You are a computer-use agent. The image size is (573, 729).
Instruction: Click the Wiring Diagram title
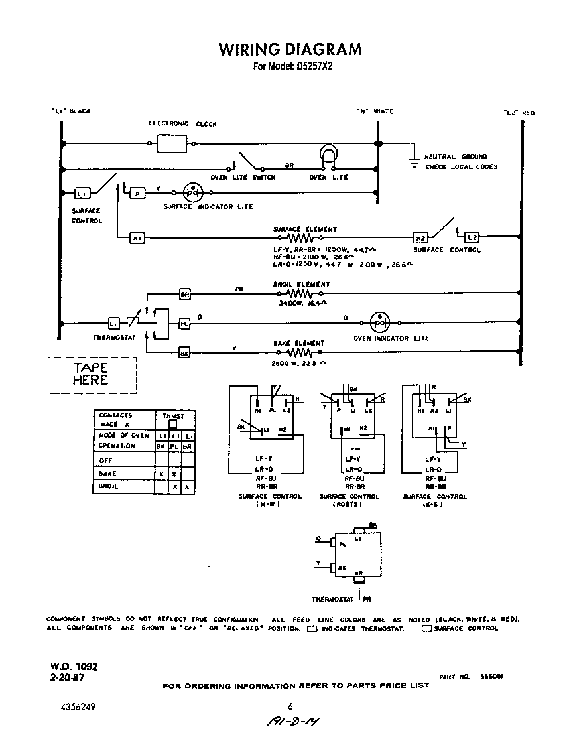290,50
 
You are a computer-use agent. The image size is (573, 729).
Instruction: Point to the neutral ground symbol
413,161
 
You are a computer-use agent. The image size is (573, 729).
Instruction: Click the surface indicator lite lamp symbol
192,192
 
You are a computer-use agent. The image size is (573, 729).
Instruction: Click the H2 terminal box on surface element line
420,238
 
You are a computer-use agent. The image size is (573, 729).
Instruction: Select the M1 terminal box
137,238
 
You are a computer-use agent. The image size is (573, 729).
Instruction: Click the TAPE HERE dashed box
92,374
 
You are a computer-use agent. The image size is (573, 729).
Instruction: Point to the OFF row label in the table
107,460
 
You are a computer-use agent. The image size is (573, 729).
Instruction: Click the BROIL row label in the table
108,486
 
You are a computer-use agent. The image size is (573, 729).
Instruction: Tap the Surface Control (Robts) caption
350,500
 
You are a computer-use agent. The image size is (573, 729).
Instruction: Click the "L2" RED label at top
519,113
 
